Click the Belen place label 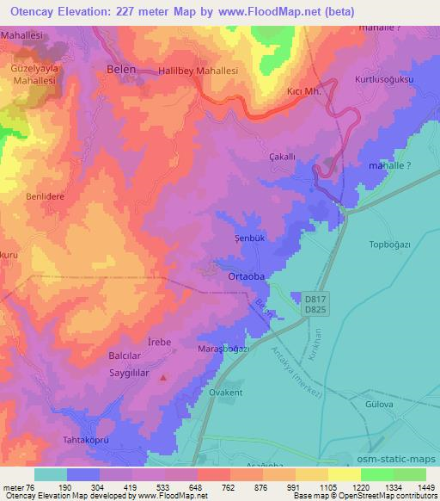click(121, 67)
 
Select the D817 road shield click(315, 295)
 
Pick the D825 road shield click(315, 307)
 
